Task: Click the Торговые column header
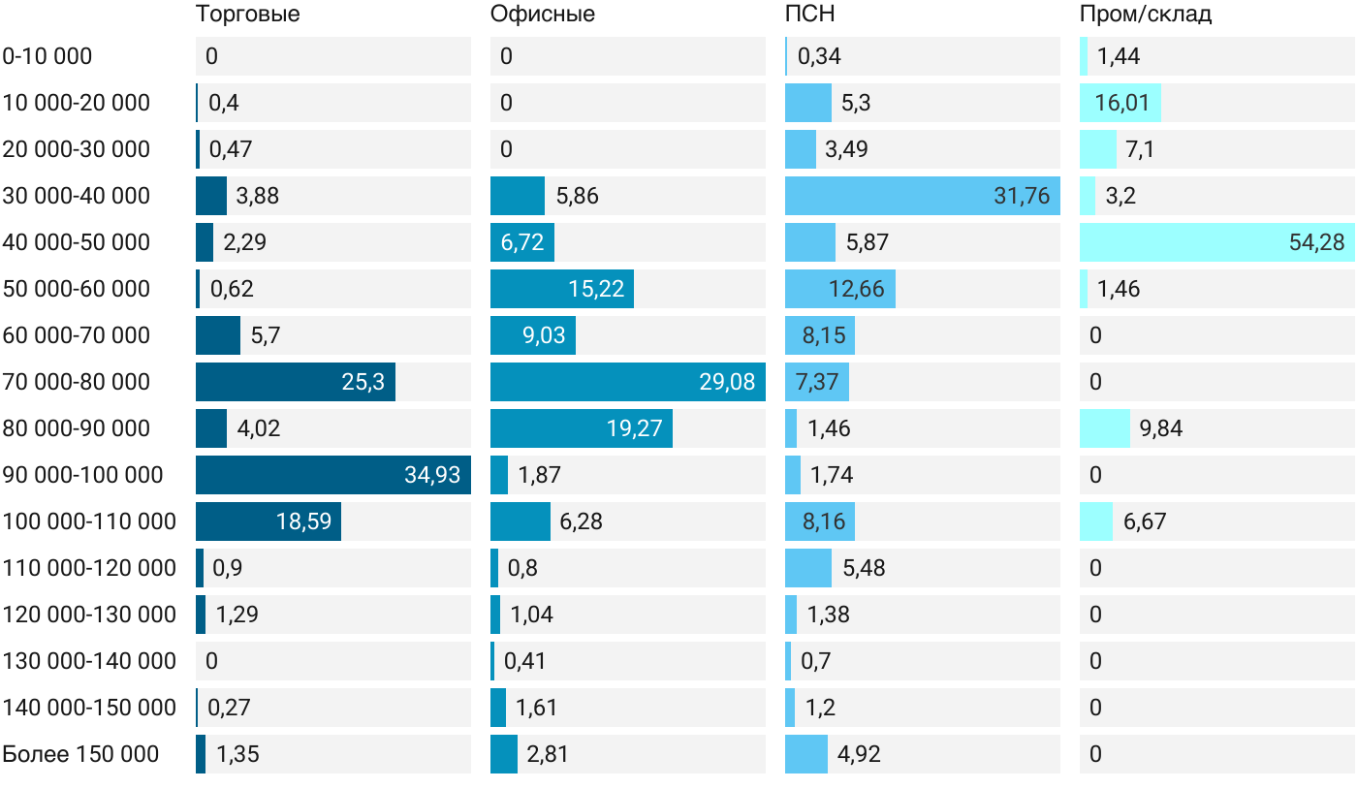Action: [248, 14]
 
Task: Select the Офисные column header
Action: [542, 14]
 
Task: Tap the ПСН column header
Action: [810, 14]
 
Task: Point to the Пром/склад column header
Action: [1146, 14]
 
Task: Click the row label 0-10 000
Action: [47, 56]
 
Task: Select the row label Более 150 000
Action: [80, 754]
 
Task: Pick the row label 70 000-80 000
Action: [77, 382]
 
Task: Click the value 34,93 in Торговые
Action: [432, 475]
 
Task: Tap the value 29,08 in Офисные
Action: [727, 382]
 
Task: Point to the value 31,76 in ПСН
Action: [1022, 196]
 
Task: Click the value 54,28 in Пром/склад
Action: [1316, 242]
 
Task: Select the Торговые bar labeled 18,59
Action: [268, 521]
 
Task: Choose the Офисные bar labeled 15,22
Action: [562, 289]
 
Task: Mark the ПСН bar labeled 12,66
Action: [840, 289]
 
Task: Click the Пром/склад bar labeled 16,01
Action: [1120, 103]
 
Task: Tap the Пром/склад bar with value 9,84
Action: [1105, 428]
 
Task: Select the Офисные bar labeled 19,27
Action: [582, 428]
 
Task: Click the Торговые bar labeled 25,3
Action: [296, 382]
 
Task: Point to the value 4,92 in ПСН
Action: [859, 754]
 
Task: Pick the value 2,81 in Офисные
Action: [548, 754]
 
